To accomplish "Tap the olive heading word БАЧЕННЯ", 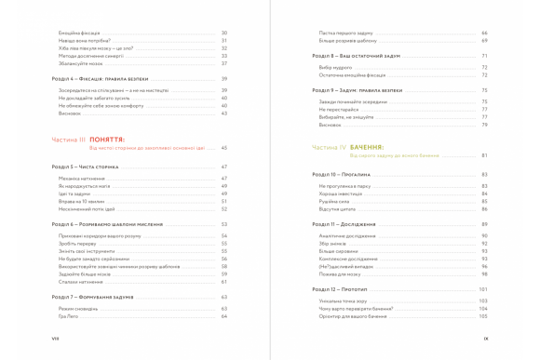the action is click(x=371, y=147).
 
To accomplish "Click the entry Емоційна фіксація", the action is click(x=78, y=33).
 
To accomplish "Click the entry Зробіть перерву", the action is click(x=77, y=245).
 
